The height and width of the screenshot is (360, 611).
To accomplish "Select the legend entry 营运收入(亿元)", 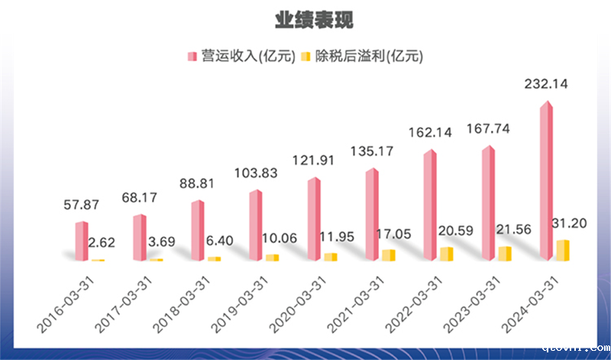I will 241,57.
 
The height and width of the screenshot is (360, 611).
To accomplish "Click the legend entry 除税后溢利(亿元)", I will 362,57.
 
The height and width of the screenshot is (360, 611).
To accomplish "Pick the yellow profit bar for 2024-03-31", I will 563,251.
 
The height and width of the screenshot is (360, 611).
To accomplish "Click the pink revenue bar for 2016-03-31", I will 81,242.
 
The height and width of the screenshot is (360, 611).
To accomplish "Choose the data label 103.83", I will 256,172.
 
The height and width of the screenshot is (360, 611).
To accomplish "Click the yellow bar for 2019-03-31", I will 273,257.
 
